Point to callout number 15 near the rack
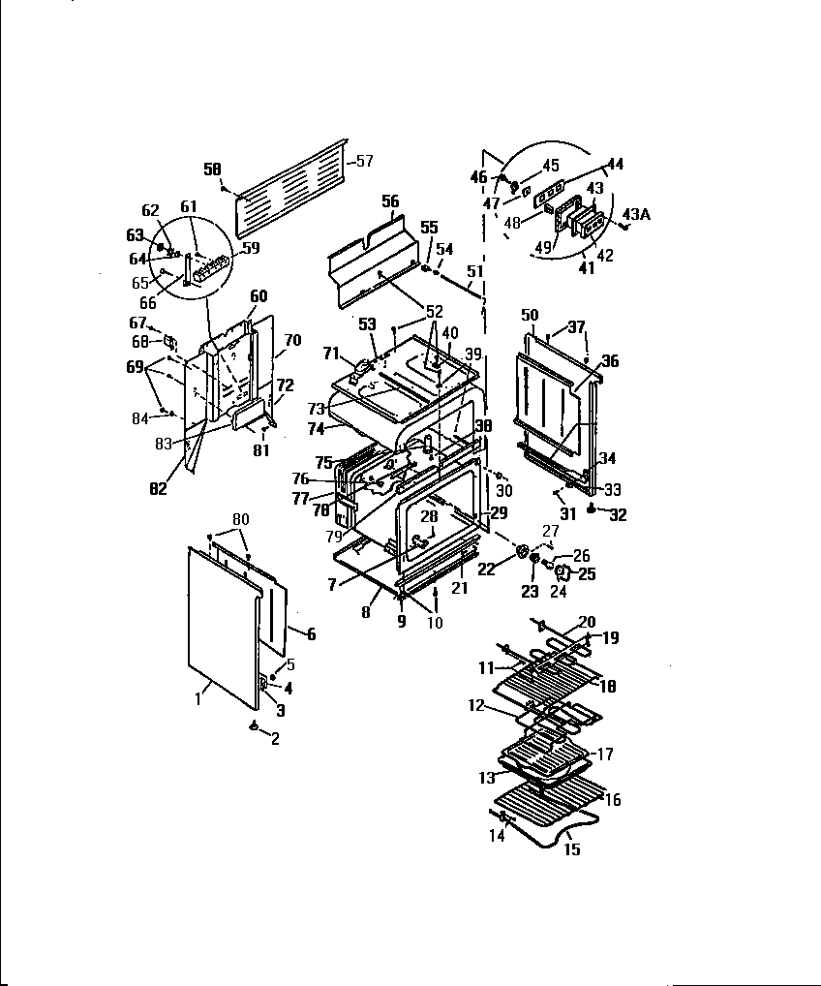tap(571, 849)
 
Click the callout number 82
tap(159, 489)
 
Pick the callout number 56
tap(390, 201)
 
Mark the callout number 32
tap(617, 515)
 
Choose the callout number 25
tap(587, 574)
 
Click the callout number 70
tap(293, 340)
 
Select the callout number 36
tap(609, 360)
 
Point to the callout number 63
tap(135, 234)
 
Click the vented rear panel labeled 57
tap(290, 184)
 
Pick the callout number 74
tap(317, 427)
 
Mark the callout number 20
tap(587, 622)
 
